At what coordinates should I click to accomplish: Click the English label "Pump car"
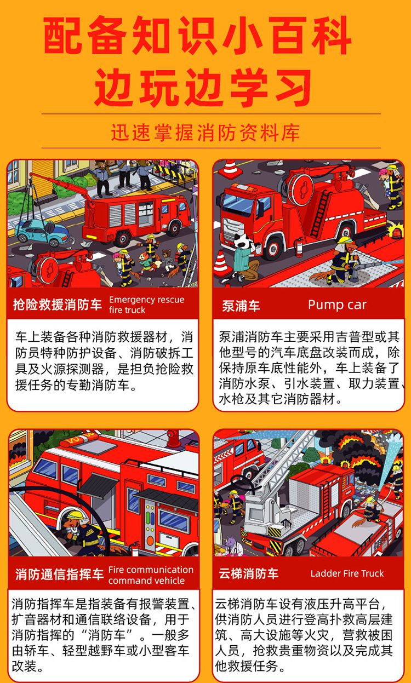click(x=337, y=305)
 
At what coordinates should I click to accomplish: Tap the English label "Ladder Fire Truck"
click(x=347, y=573)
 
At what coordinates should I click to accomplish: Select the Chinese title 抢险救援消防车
click(x=58, y=305)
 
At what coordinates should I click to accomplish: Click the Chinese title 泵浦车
click(x=241, y=306)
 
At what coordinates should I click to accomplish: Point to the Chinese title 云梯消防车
click(x=248, y=573)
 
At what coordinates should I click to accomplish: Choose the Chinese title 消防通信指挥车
click(x=60, y=575)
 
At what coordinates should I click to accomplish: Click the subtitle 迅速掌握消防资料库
click(x=206, y=133)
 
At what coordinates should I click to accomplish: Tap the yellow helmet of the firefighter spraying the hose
click(x=345, y=240)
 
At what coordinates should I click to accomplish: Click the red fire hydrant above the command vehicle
click(x=173, y=438)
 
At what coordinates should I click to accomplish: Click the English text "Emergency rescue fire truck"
click(x=146, y=305)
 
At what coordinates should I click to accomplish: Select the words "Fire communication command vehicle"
click(x=151, y=575)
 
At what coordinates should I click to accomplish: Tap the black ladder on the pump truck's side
click(x=321, y=214)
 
